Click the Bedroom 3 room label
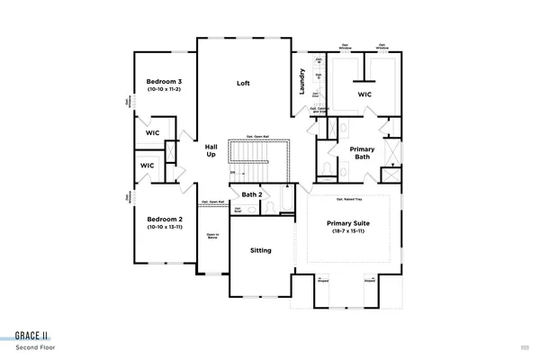point(165,82)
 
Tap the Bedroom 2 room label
point(165,219)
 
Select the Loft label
point(243,83)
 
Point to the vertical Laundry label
point(302,82)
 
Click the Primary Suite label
point(346,223)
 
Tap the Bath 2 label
point(252,194)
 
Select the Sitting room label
point(260,250)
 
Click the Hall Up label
point(211,149)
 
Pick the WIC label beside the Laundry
point(364,93)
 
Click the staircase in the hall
point(258,161)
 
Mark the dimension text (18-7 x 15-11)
point(346,232)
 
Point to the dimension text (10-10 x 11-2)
point(165,90)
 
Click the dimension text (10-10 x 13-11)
point(165,227)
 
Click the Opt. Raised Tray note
point(348,199)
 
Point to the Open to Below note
point(213,237)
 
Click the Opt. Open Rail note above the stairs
point(258,136)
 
